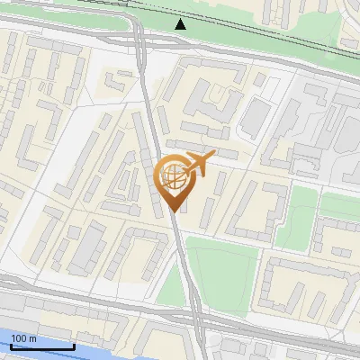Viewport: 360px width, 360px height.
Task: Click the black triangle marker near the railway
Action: point(181,24)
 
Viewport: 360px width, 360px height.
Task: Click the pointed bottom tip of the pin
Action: point(174,211)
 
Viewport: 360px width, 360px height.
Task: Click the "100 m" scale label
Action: point(23,338)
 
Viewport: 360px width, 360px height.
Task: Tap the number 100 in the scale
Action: point(19,338)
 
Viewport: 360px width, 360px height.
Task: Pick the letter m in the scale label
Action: point(32,338)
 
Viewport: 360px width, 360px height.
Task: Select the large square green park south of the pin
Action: point(220,270)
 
